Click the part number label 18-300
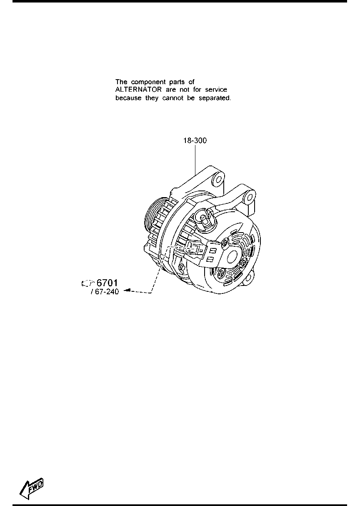pos(195,140)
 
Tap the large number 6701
pos(107,283)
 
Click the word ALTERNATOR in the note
pos(138,90)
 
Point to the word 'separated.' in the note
pos(215,98)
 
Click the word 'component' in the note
pos(148,82)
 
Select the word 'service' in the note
pos(216,90)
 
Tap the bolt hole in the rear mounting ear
pos(250,198)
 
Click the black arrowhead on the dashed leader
pos(127,290)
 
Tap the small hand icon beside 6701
pos(87,283)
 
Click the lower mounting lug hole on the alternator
pos(250,276)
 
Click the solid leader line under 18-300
pos(195,160)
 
